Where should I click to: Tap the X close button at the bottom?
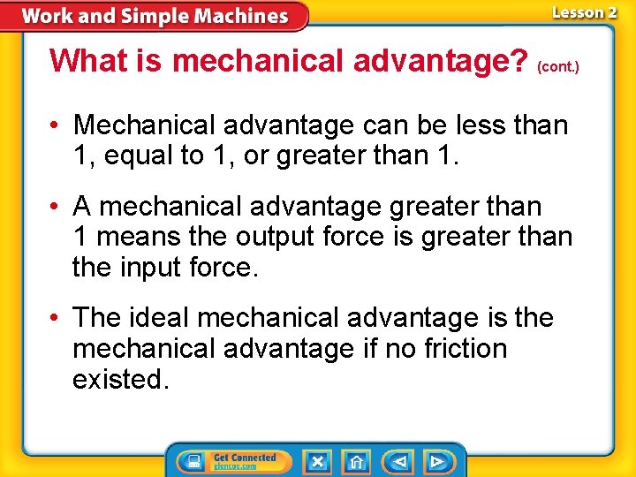tap(317, 461)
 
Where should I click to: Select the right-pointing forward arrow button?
tap(436, 461)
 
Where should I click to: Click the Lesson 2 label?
tap(584, 12)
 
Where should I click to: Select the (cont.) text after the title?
tap(558, 66)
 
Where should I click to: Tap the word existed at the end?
tap(120, 379)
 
